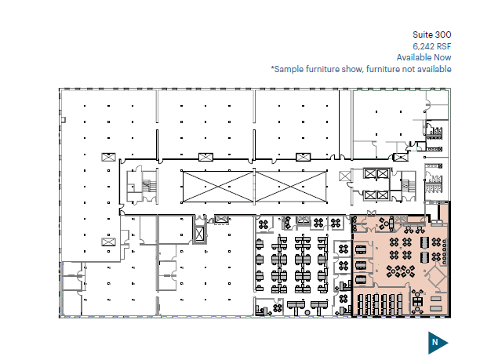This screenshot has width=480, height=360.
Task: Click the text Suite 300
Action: tap(431, 35)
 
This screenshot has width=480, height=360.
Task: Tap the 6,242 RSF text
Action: tap(432, 46)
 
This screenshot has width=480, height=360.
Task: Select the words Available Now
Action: tap(424, 57)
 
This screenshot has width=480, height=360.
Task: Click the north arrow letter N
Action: tap(435, 342)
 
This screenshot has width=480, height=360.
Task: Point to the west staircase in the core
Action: tap(149, 186)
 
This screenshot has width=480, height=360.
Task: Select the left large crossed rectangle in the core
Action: tap(218, 187)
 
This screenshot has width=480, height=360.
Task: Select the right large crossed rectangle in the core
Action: tap(291, 187)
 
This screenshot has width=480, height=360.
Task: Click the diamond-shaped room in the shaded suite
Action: tap(437, 277)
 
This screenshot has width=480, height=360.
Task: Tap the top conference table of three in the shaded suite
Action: tap(361, 249)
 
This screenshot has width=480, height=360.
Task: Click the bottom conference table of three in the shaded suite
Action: tap(361, 279)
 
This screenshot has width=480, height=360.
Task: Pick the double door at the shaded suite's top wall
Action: tap(371, 213)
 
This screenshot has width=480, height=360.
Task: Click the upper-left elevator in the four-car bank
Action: tap(370, 174)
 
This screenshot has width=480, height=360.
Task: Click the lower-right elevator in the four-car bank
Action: tap(383, 195)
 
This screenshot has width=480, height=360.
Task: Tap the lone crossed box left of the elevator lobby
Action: tap(345, 176)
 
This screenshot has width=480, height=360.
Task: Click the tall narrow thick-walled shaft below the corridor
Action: tap(199, 234)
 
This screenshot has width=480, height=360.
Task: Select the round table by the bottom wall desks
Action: tap(307, 313)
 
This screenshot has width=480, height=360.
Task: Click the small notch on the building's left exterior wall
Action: tap(64, 120)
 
